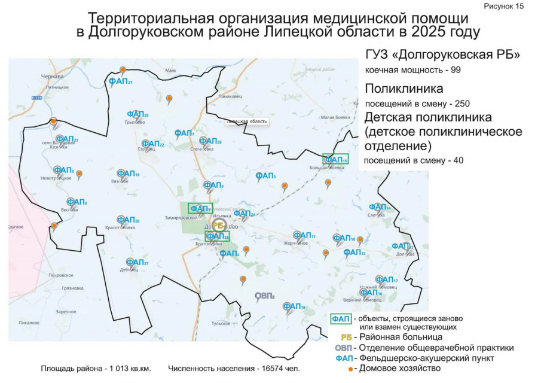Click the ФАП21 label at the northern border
[120, 81]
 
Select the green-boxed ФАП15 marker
[335, 159]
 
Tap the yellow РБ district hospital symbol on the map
[218, 225]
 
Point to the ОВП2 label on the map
[264, 296]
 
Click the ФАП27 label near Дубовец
[137, 262]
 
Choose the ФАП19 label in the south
[294, 307]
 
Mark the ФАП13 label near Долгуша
[402, 246]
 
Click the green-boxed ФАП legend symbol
[341, 318]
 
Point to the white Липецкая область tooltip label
[246, 121]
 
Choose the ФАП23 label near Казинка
[67, 139]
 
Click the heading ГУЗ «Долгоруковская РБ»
[442, 55]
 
